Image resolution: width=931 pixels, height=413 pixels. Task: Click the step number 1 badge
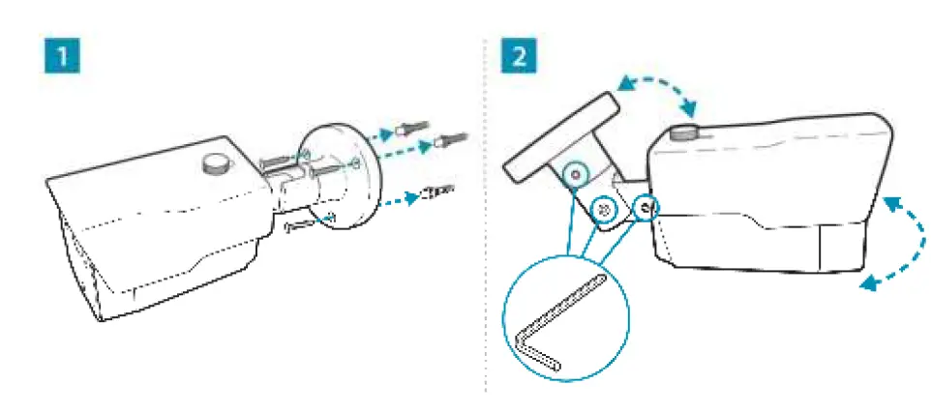click(63, 55)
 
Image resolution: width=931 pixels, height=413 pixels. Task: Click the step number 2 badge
click(515, 55)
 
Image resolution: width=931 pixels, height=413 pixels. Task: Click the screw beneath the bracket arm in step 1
click(308, 224)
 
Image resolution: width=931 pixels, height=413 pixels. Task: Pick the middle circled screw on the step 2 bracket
click(605, 208)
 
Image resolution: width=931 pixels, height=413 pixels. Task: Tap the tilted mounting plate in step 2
click(559, 134)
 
